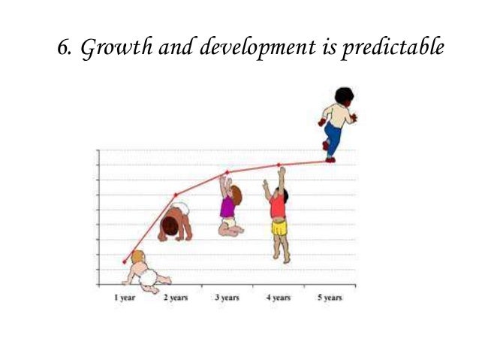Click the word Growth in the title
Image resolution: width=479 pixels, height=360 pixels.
(110, 48)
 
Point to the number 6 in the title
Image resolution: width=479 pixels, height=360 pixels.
(64, 48)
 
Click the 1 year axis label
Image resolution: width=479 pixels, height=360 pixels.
(125, 298)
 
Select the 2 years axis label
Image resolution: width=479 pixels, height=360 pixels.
(176, 298)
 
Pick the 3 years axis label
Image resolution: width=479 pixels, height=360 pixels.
(227, 298)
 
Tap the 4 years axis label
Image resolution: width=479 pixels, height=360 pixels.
(279, 298)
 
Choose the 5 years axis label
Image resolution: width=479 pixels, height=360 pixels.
(329, 298)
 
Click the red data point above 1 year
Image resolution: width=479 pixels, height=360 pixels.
(125, 262)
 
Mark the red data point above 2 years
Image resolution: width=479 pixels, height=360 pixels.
(176, 195)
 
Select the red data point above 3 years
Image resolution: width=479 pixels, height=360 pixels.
(227, 173)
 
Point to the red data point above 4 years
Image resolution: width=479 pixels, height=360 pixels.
(279, 165)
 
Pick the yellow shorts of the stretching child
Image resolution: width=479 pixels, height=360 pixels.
(279, 225)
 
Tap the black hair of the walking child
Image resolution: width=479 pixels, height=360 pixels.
(344, 95)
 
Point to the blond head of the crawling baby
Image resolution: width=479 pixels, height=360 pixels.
(138, 258)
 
